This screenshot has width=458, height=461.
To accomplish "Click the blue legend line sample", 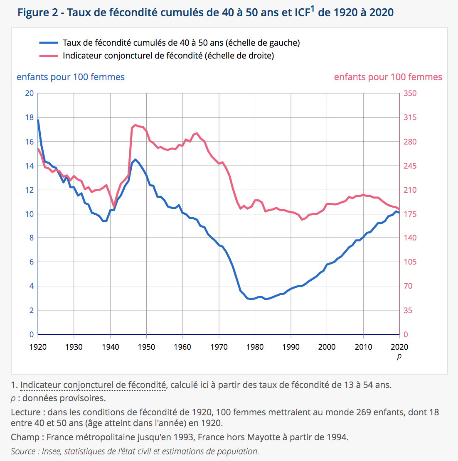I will click(x=49, y=43).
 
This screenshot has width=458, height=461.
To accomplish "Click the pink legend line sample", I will click(x=49, y=56).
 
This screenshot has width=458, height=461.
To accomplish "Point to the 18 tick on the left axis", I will click(x=30, y=118).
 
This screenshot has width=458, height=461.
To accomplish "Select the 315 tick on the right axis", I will click(x=410, y=118).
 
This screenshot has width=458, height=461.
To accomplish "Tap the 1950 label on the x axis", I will click(x=146, y=347).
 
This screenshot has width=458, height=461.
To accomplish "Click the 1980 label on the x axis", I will click(x=255, y=347).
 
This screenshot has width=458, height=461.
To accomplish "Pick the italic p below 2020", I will click(x=399, y=356).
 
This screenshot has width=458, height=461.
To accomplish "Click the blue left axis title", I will click(x=71, y=77).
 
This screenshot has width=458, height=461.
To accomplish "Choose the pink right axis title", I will click(x=388, y=77).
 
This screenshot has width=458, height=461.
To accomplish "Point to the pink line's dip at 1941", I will click(x=114, y=207).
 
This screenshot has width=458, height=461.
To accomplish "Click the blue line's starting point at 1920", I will click(x=38, y=120).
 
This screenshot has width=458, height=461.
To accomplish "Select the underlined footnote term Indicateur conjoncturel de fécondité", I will click(x=93, y=385).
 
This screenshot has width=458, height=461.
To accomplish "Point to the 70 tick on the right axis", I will click(x=408, y=286).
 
